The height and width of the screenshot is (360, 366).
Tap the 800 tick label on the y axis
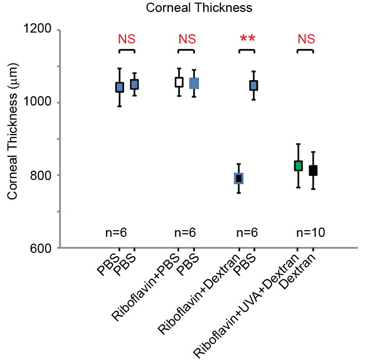(x=39, y=175)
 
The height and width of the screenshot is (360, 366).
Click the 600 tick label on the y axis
(x=39, y=248)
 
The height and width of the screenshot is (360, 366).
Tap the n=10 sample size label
(x=311, y=233)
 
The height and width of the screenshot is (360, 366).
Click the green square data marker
(x=298, y=166)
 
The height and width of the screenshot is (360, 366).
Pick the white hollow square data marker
(x=179, y=82)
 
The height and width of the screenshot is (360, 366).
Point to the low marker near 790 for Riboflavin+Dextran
(x=239, y=178)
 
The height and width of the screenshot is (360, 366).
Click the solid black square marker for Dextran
(x=313, y=170)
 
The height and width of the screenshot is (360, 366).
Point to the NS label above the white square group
(x=187, y=39)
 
